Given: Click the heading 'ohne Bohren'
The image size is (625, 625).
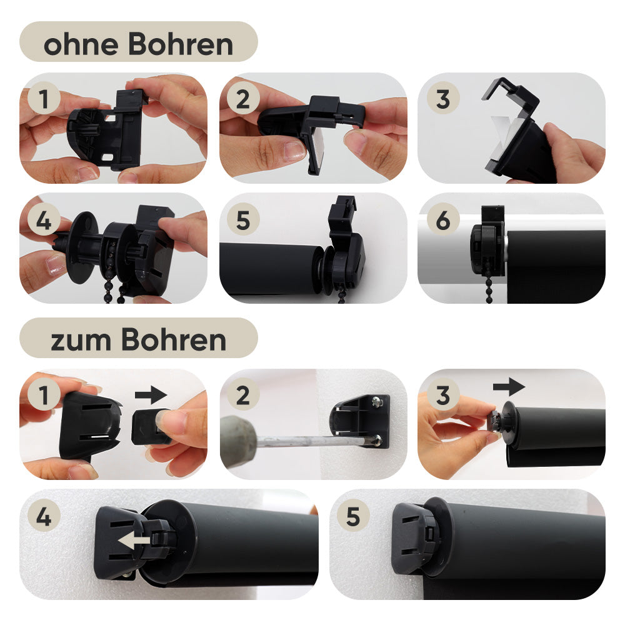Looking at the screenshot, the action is click(138, 44).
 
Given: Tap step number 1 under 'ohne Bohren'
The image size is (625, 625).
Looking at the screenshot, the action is click(44, 99).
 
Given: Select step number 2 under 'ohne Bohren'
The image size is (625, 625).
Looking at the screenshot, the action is click(243, 99).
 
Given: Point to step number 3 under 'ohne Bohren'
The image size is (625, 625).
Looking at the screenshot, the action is click(443, 99).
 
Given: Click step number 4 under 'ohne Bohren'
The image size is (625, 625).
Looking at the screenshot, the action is click(44, 220).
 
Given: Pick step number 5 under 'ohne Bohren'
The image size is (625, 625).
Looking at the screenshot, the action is click(243, 220).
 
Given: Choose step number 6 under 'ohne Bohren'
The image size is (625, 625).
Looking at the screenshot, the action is click(443, 220).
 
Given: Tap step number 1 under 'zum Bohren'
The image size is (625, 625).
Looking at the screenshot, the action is click(44, 395).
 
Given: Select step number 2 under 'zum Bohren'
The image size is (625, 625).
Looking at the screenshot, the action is click(243, 395).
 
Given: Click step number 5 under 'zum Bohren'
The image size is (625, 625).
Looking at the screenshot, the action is click(353, 517).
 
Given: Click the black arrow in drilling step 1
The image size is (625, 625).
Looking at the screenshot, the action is click(151, 395).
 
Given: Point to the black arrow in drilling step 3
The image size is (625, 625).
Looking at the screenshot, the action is click(509, 387).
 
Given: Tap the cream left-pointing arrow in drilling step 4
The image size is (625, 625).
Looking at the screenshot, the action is click(134, 541).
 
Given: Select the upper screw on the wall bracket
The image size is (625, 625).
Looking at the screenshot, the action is click(376, 402).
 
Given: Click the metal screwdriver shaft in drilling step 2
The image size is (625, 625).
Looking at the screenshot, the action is click(315, 441).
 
